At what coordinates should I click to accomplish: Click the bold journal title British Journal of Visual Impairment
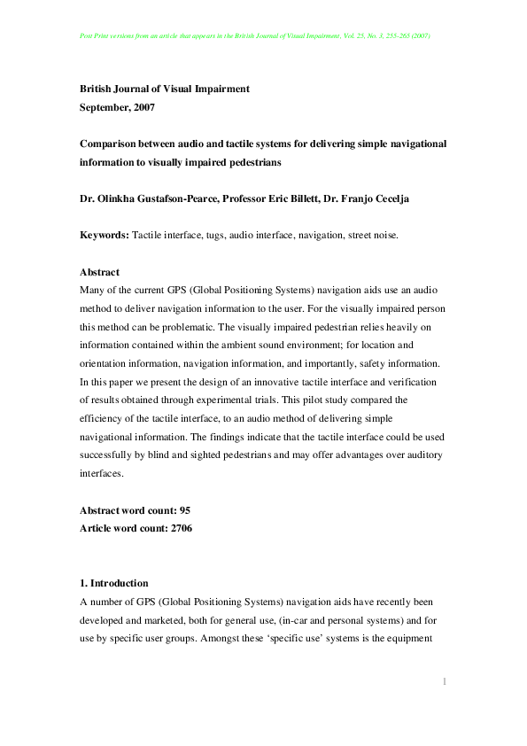(165, 89)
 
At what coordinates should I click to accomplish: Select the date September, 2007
(118, 107)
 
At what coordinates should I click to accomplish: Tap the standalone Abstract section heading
(99, 272)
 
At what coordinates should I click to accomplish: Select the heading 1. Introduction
(113, 583)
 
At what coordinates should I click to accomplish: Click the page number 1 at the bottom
(444, 680)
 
